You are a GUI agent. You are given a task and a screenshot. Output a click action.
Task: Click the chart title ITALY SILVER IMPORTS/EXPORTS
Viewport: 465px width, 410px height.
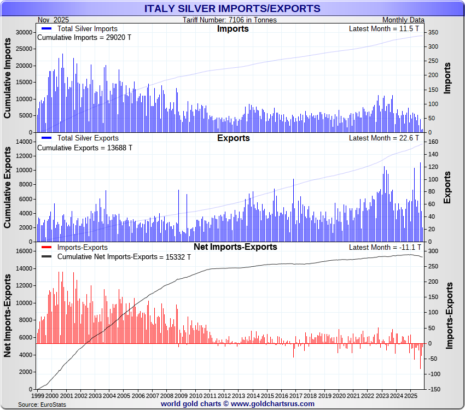[232, 9]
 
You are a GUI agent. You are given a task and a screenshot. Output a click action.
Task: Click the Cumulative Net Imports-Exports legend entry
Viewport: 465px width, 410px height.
[124, 257]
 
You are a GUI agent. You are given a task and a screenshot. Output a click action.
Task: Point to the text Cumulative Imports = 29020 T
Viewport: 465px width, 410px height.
[84, 38]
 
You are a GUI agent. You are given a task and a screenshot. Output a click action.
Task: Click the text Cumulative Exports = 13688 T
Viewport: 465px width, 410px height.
[84, 148]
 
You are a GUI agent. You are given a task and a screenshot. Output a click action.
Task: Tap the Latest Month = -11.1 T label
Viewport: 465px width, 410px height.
[385, 248]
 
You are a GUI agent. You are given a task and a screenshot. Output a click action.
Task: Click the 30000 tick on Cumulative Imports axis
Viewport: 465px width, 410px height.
[24, 33]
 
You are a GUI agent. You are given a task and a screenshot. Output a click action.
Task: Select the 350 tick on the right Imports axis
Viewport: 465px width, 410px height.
[432, 33]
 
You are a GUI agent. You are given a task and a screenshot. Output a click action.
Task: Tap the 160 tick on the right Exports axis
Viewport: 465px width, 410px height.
[432, 142]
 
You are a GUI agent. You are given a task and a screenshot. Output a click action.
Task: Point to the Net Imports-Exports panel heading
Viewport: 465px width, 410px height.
[235, 247]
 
